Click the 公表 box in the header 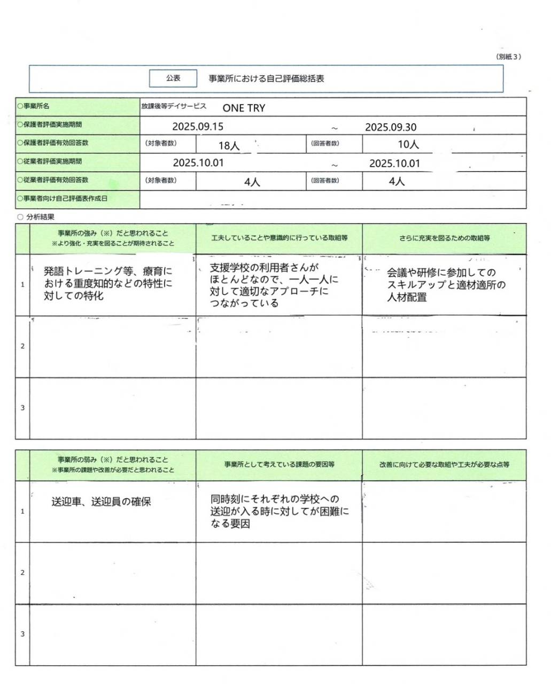[x=173, y=78]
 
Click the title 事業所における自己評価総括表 [x=266, y=79]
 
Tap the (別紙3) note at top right [x=508, y=57]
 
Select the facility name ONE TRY [x=244, y=108]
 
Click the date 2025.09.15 [x=198, y=127]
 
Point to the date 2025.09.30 [x=391, y=127]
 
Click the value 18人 [x=229, y=145]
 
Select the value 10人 [x=408, y=144]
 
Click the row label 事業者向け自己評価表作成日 [x=65, y=198]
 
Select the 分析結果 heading [x=40, y=217]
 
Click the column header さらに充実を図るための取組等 [x=444, y=238]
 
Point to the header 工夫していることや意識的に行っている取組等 [x=279, y=238]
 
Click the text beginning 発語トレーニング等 [x=108, y=284]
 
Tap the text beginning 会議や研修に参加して [x=446, y=285]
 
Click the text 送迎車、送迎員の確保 [x=101, y=502]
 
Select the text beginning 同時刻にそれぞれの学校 [x=279, y=511]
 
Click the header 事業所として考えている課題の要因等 [x=279, y=464]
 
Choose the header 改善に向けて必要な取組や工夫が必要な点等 [x=444, y=464]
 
